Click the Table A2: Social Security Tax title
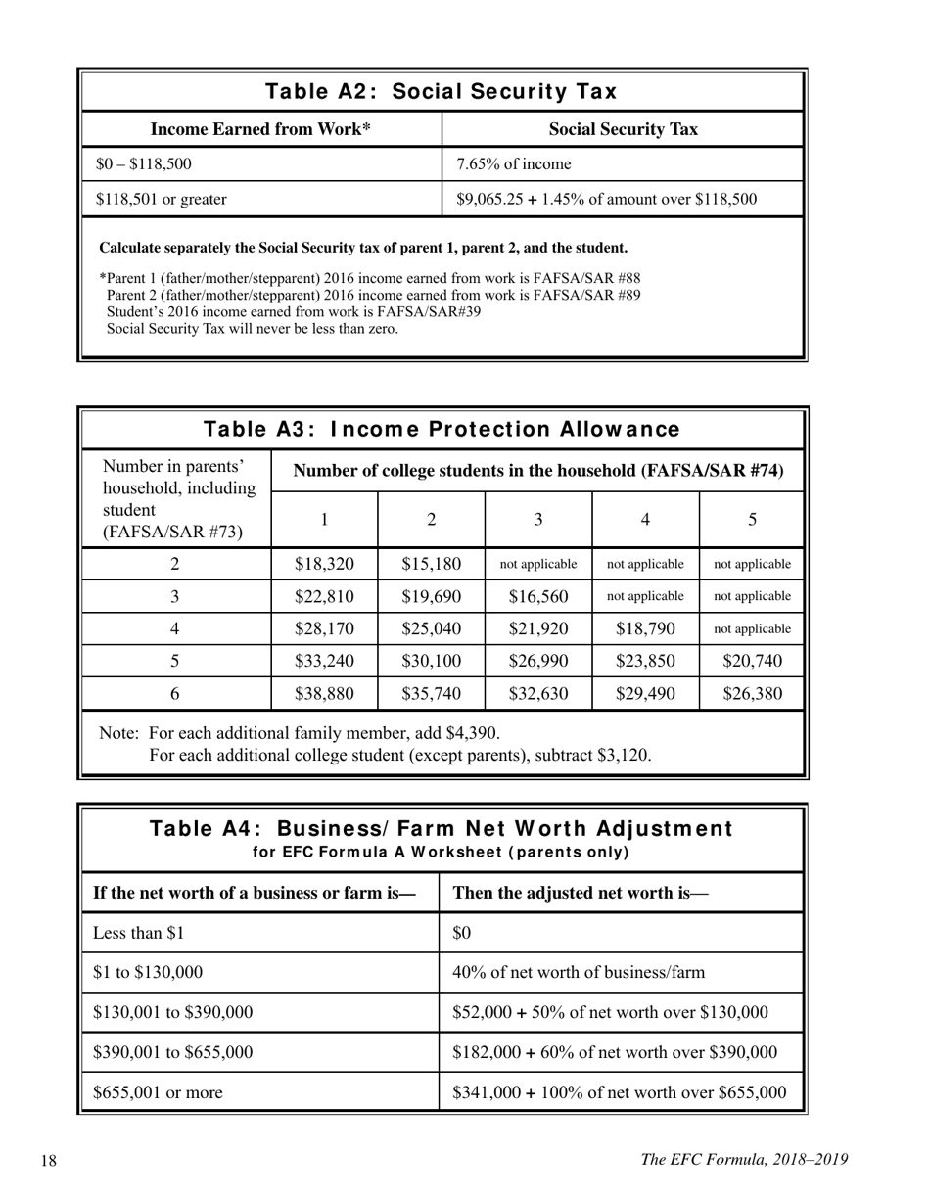tap(442, 92)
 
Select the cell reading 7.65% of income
tap(514, 164)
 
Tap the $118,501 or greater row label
tap(162, 200)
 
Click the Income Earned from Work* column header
tap(260, 130)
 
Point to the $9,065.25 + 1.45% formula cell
tap(607, 200)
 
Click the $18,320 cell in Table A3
tap(324, 564)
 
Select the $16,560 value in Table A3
tap(538, 596)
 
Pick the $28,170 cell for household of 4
tap(324, 629)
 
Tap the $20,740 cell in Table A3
tap(752, 662)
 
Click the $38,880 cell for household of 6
tap(324, 695)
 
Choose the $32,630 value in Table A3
tap(538, 695)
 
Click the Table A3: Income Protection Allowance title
tap(442, 430)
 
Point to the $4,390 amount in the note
tap(473, 733)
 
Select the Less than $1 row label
tap(139, 934)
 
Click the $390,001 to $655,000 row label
tap(173, 1053)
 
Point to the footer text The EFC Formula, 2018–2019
tap(744, 1160)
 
